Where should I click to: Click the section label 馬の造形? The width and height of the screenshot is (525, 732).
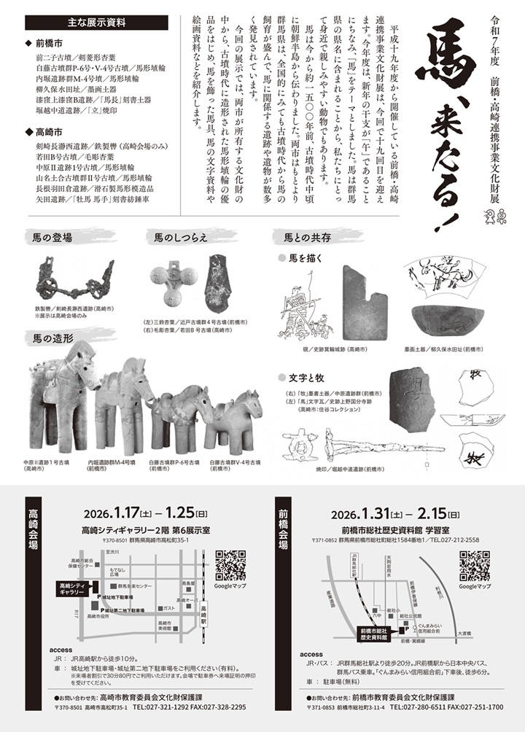click(52, 338)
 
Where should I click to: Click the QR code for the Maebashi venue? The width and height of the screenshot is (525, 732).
click(474, 566)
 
